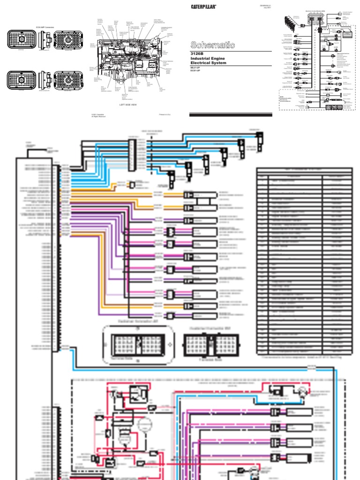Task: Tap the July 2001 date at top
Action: tap(266, 7)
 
